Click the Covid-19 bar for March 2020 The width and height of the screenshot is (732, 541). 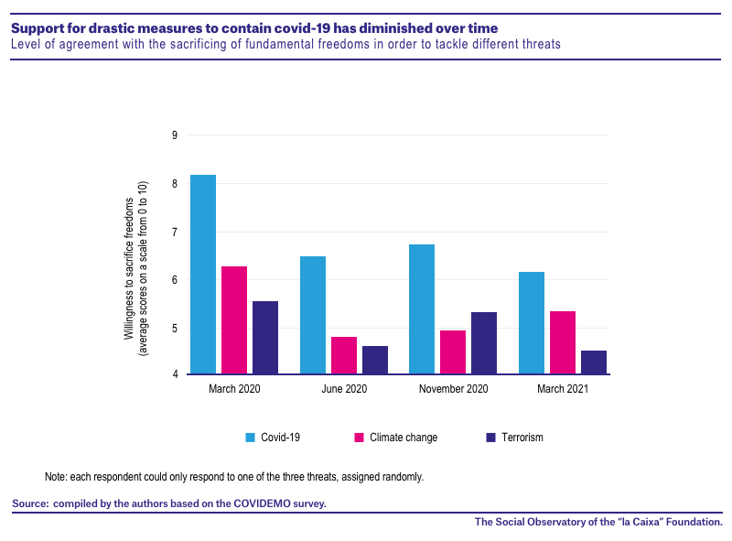coord(203,275)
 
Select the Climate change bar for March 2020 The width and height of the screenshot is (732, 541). coord(234,320)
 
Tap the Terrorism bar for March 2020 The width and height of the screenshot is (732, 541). coord(265,337)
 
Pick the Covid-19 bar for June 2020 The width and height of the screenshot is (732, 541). coord(313,315)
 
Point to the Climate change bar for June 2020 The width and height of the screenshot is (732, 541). coord(344,355)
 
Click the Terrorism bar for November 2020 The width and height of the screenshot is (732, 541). coord(484,343)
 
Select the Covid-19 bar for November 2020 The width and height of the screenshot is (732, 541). coord(422,308)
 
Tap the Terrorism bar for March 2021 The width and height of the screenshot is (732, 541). coord(594,362)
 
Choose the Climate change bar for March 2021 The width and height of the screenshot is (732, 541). coord(563,342)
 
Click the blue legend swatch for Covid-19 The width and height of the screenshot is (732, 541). coord(250,438)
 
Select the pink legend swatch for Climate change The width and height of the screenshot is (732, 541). coord(359,438)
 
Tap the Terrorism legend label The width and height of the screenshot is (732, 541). coord(522,438)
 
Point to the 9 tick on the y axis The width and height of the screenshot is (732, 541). coord(175,135)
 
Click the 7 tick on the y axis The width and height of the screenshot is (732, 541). coord(175,233)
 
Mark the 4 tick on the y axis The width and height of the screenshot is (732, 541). coord(175,374)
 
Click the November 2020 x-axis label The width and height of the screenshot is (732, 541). coord(453,389)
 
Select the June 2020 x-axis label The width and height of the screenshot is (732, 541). coord(344,389)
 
